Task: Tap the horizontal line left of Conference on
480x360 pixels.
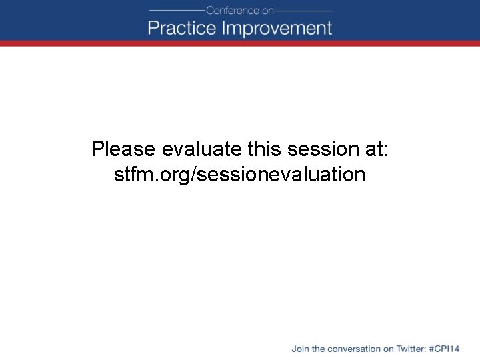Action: (176, 11)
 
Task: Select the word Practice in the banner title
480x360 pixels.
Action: (182, 28)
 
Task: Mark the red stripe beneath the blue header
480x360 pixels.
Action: (240, 43)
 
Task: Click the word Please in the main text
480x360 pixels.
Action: (124, 149)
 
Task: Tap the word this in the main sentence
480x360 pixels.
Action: (265, 149)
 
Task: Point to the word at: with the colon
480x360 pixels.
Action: (375, 149)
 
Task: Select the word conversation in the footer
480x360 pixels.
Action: (355, 349)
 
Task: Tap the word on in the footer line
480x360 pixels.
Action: (389, 349)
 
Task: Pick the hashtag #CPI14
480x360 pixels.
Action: (445, 349)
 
